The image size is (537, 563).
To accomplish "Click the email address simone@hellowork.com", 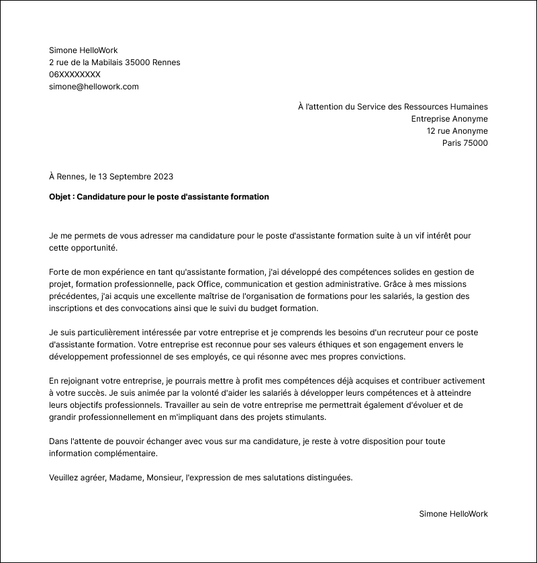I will (94, 87).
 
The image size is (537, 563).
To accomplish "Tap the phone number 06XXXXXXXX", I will (75, 75).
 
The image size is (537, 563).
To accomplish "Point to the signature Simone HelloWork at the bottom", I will (453, 514).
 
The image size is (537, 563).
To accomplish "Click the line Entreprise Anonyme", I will (449, 119).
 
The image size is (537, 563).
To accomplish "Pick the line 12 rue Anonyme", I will (457, 131).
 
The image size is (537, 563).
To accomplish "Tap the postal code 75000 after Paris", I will (475, 143).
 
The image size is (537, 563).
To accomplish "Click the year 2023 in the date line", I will (163, 177).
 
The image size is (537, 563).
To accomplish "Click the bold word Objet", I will (60, 197).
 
